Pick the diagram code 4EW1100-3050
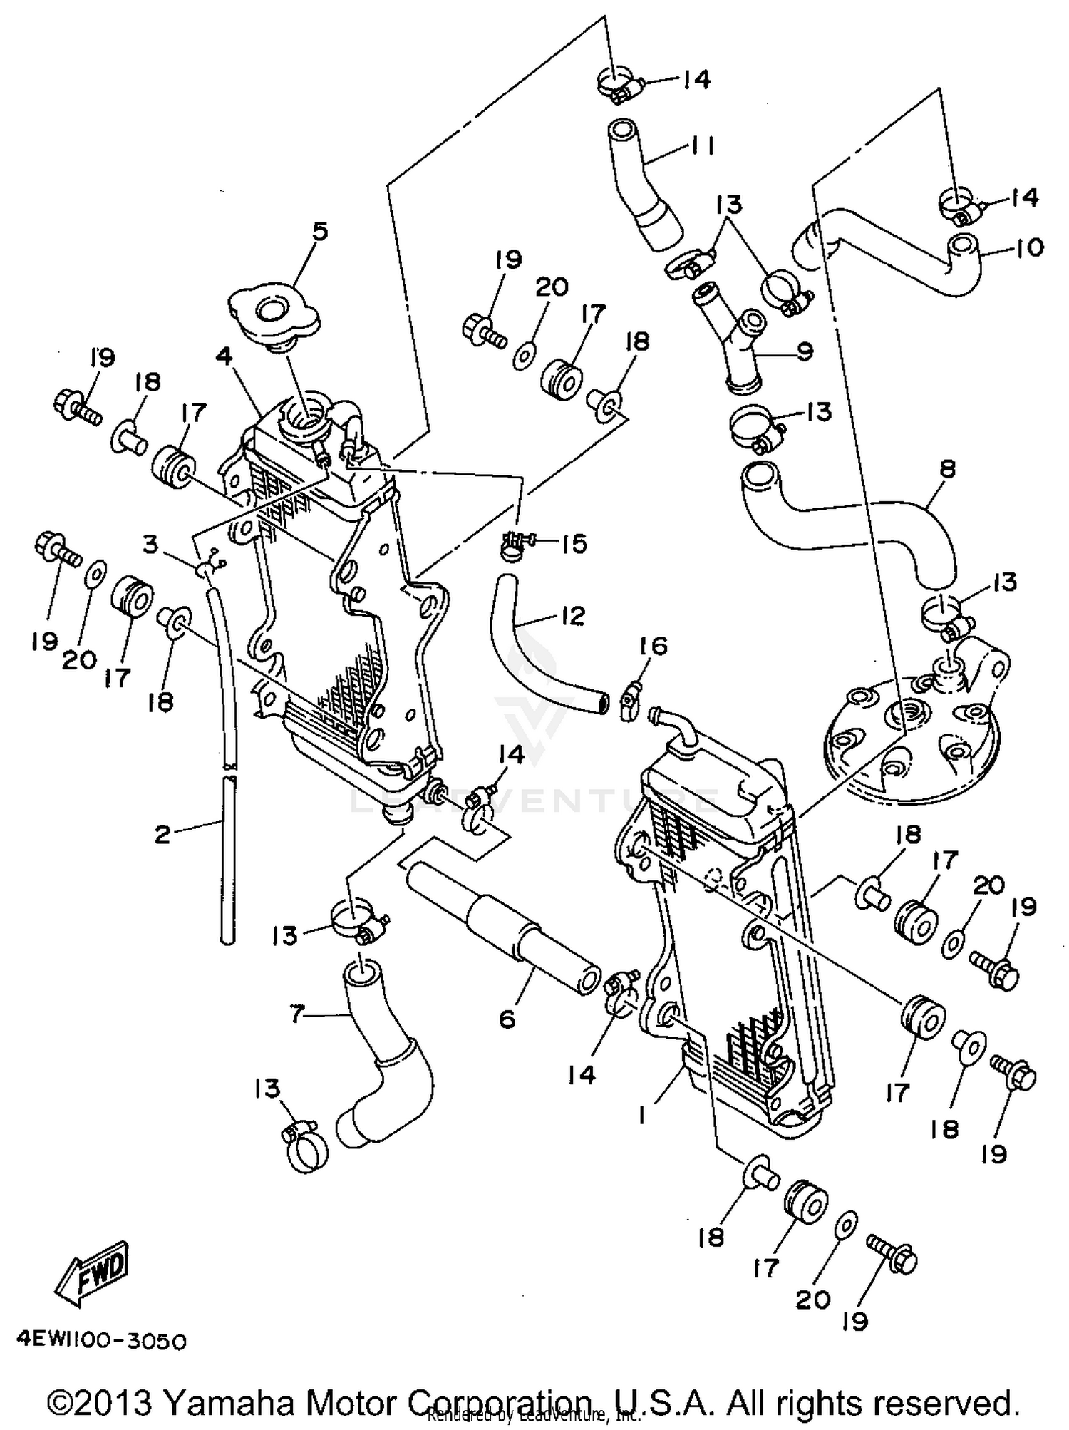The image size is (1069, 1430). (99, 1341)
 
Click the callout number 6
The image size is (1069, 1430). (507, 1019)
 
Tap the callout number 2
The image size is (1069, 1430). (162, 834)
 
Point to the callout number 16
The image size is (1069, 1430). (653, 646)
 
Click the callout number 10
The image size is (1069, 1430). (1028, 247)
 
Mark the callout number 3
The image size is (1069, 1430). (150, 545)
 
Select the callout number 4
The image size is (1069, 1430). (226, 356)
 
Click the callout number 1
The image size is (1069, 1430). (643, 1113)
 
